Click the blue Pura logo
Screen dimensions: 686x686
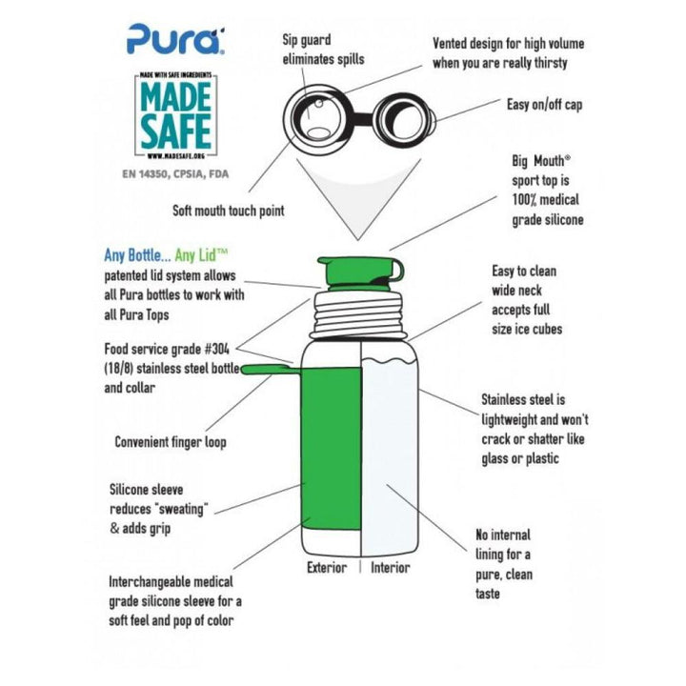tap(176, 39)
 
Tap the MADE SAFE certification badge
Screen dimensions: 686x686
tap(176, 115)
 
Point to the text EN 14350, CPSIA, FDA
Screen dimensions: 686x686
tap(175, 174)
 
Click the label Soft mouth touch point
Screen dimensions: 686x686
tap(229, 211)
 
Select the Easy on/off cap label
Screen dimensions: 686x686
tap(544, 105)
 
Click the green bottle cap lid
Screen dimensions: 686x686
tap(360, 273)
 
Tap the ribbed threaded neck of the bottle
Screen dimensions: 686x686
tap(355, 315)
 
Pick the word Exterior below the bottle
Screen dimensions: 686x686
tap(327, 568)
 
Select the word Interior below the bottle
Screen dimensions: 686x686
tap(391, 568)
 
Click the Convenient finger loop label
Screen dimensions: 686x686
tap(171, 442)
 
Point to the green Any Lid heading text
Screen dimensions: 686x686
tap(201, 255)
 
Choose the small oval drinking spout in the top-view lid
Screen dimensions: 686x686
tap(319, 133)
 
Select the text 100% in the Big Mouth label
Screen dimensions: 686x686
tap(524, 200)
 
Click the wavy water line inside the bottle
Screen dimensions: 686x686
tap(388, 361)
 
